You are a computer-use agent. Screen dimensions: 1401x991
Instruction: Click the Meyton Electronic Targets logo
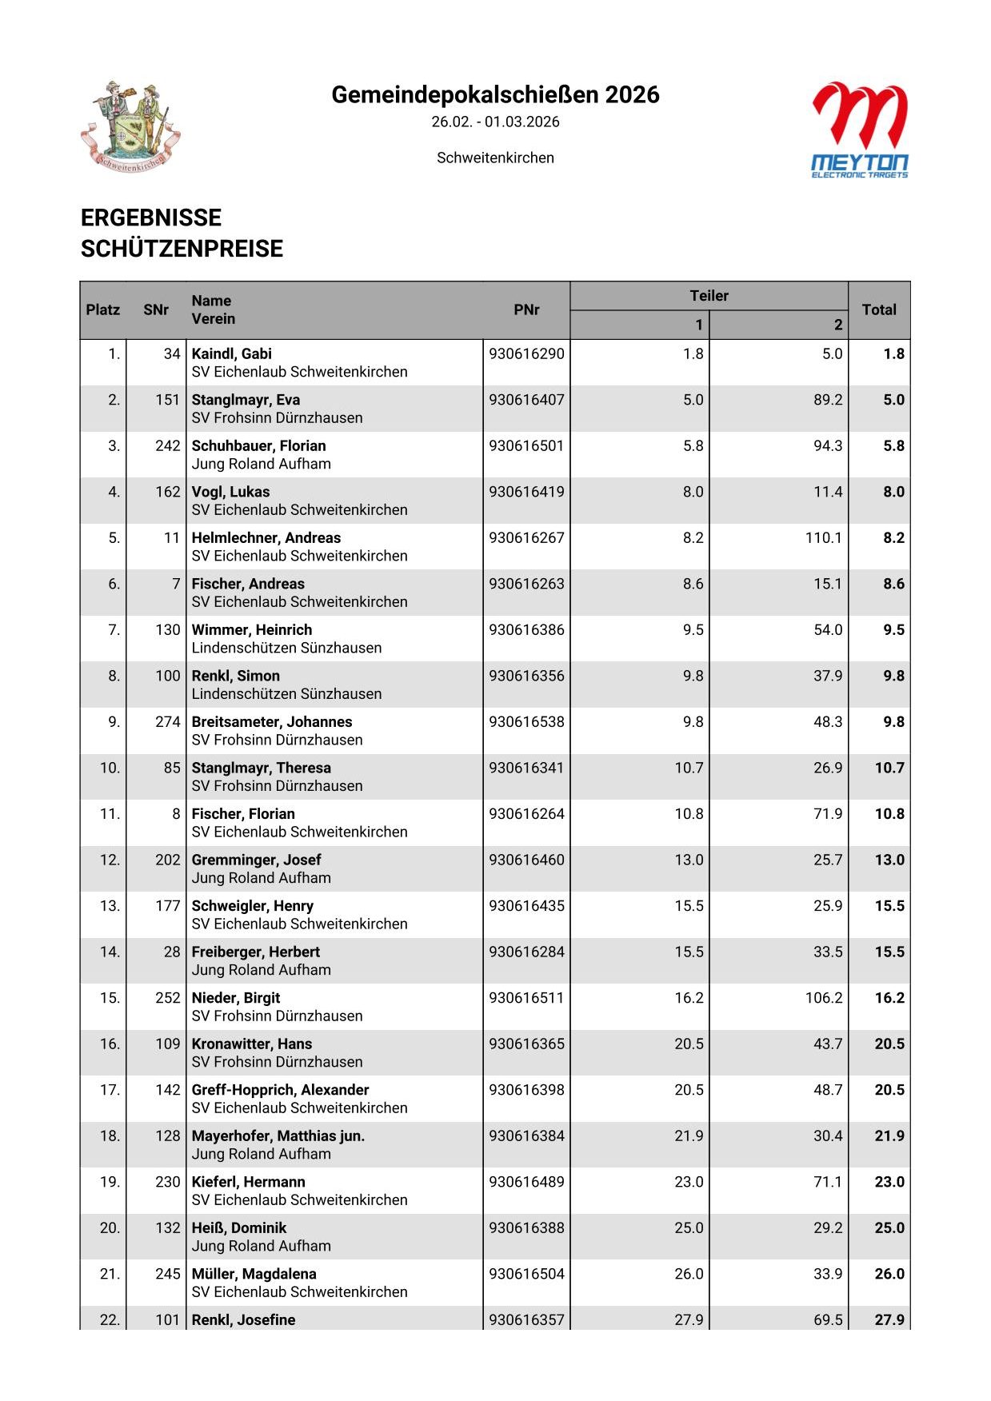pos(860,130)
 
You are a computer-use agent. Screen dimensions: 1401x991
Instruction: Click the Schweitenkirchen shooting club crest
pos(131,126)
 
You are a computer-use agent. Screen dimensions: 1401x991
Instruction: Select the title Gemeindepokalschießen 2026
pos(495,95)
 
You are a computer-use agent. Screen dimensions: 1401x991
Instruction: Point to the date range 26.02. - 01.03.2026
pos(495,122)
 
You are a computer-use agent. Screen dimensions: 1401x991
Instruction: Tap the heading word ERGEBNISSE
pos(151,218)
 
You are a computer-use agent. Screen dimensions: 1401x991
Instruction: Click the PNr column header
pos(526,310)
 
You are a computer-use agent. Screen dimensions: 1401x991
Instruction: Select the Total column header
pos(878,310)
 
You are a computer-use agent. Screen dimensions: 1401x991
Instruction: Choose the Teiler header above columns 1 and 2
pos(709,296)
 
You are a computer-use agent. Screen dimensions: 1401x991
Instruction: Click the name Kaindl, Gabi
pos(232,354)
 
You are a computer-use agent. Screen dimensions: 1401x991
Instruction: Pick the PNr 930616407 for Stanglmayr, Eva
pos(526,400)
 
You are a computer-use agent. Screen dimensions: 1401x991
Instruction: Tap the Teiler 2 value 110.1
pos(823,538)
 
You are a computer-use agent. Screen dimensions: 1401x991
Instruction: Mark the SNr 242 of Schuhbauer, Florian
pos(168,446)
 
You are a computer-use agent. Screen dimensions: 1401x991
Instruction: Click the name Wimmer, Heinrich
pos(252,630)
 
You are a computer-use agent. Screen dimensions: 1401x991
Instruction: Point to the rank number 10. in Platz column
pos(110,768)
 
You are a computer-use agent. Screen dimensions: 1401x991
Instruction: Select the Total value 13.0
pos(889,860)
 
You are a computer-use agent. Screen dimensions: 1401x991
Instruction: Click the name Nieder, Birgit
pos(236,998)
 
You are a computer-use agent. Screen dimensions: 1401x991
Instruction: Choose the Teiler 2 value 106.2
pos(823,998)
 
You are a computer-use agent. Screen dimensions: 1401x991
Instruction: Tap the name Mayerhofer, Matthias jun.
pos(278,1136)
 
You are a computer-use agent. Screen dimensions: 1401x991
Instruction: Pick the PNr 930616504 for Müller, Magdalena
pos(526,1274)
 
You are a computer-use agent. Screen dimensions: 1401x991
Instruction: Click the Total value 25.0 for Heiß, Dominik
pos(889,1228)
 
